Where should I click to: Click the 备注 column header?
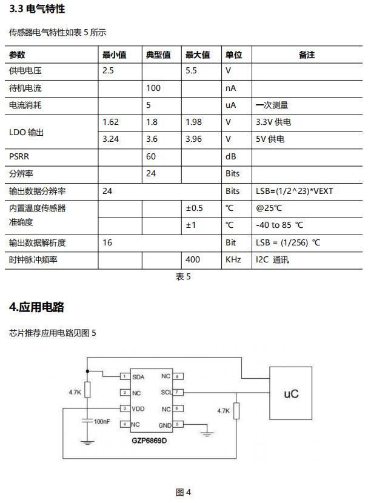point(307,55)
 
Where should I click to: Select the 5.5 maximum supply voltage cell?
point(191,70)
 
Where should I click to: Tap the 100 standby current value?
point(153,88)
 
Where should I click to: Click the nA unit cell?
point(230,88)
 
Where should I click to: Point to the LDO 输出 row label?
point(26,132)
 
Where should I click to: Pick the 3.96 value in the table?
point(193,139)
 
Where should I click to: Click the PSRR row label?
point(19,156)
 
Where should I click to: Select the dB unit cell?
point(230,156)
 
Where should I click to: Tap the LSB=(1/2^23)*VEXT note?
point(294,191)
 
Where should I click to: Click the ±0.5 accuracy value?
point(194,208)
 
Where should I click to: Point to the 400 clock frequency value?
point(193,259)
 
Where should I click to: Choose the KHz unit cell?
point(233,259)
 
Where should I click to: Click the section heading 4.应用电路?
point(36,307)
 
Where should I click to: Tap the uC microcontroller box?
point(291,393)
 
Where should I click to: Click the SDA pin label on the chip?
point(138,377)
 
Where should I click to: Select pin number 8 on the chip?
point(177,376)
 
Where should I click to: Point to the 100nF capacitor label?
point(102,421)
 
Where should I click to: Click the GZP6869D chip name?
point(149,441)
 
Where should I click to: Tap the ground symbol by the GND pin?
point(207,434)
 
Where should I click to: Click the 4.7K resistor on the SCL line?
point(236,411)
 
